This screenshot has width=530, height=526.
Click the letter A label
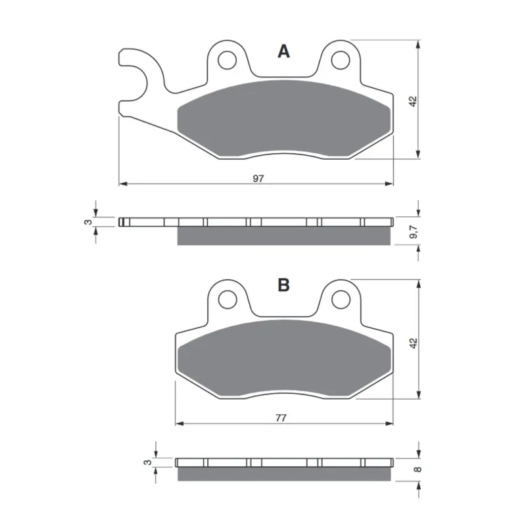click(x=283, y=52)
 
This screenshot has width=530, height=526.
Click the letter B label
click(x=283, y=285)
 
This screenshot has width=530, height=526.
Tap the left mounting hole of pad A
click(x=227, y=60)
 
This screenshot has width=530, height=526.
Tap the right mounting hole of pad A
click(x=341, y=60)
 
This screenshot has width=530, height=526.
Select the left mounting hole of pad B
click(x=228, y=300)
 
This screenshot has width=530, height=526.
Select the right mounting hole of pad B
click(x=341, y=300)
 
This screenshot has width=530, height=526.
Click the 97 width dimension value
click(x=258, y=178)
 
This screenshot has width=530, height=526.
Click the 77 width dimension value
click(x=281, y=418)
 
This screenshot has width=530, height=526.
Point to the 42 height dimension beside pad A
click(x=413, y=101)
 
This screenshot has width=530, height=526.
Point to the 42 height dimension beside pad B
click(x=414, y=343)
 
